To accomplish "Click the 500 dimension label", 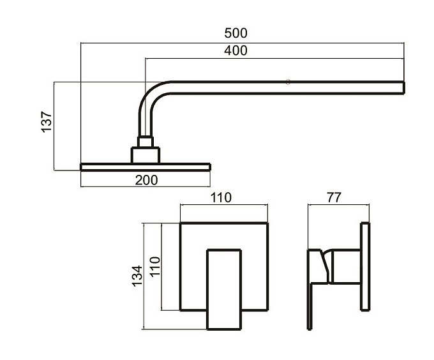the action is (x=236, y=33).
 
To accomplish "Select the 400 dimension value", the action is (x=236, y=50).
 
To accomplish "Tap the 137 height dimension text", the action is (x=47, y=122).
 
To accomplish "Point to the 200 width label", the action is (x=146, y=180).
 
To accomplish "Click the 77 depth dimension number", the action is (x=334, y=198).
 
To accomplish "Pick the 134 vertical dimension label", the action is (x=137, y=276).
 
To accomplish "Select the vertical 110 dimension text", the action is (x=155, y=266).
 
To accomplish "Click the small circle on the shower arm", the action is (x=288, y=82).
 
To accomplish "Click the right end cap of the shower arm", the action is (x=404, y=87).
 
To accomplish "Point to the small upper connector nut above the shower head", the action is (x=146, y=142).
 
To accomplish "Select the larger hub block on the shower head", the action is (x=146, y=155).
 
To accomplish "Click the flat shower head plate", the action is (x=146, y=167).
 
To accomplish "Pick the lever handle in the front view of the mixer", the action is (x=224, y=289).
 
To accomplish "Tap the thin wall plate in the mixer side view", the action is (x=365, y=266).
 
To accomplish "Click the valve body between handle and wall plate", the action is (x=346, y=267).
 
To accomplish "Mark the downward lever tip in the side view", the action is (x=310, y=328).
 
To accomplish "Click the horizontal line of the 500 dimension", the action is (x=242, y=43).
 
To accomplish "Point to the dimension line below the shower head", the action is (x=146, y=186).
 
